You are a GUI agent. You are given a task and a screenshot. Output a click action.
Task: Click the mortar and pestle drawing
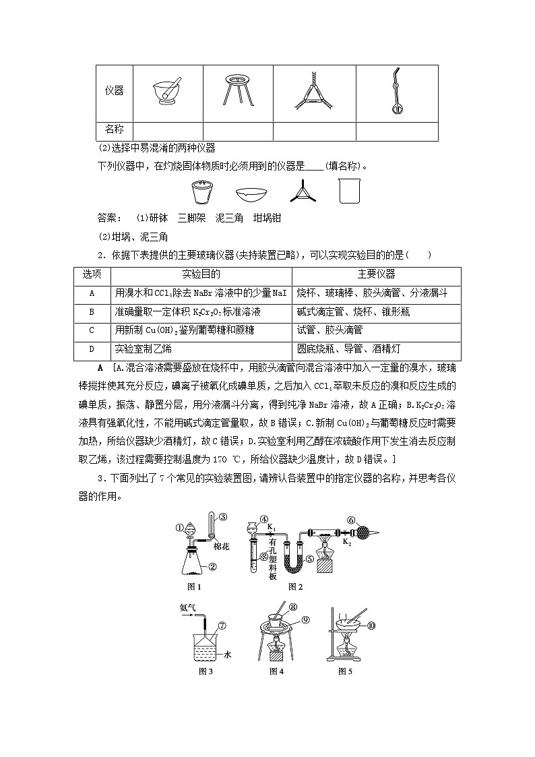coord(167,90)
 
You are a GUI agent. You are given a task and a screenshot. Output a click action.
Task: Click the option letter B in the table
coord(92,312)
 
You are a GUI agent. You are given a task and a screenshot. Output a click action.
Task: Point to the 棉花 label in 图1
coord(222,547)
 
